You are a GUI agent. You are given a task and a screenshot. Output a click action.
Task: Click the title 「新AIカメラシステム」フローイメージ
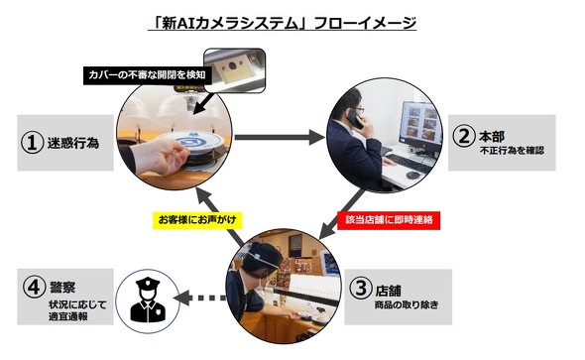click(282, 23)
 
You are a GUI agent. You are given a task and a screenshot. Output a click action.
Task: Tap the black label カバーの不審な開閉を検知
click(147, 75)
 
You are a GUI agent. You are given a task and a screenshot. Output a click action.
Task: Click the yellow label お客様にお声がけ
click(197, 219)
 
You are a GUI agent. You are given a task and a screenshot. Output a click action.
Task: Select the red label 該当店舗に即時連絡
click(389, 219)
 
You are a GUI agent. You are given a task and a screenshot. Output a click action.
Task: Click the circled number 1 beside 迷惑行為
click(32, 143)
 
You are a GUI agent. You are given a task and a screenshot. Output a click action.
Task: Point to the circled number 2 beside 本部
click(463, 136)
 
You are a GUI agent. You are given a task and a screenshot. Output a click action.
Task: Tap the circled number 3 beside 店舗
click(360, 288)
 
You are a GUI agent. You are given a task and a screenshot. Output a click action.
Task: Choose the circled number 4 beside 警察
click(34, 287)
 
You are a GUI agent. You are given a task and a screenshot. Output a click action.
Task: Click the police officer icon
click(148, 300)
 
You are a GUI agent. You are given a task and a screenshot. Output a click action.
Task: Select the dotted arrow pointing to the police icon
click(200, 298)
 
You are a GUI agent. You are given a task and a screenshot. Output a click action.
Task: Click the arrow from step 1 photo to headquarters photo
click(280, 137)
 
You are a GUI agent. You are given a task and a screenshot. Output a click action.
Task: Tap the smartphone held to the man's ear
click(354, 119)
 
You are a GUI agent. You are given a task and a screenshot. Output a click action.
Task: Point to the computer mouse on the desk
click(412, 175)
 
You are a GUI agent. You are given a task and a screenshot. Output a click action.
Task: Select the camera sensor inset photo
click(234, 70)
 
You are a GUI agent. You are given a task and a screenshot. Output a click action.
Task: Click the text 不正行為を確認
click(512, 151)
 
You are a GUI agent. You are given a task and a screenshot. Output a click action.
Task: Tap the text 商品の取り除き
click(407, 304)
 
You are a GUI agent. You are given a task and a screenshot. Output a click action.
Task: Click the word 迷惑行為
click(73, 143)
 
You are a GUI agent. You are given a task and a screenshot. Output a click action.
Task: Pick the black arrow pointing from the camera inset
click(204, 102)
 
